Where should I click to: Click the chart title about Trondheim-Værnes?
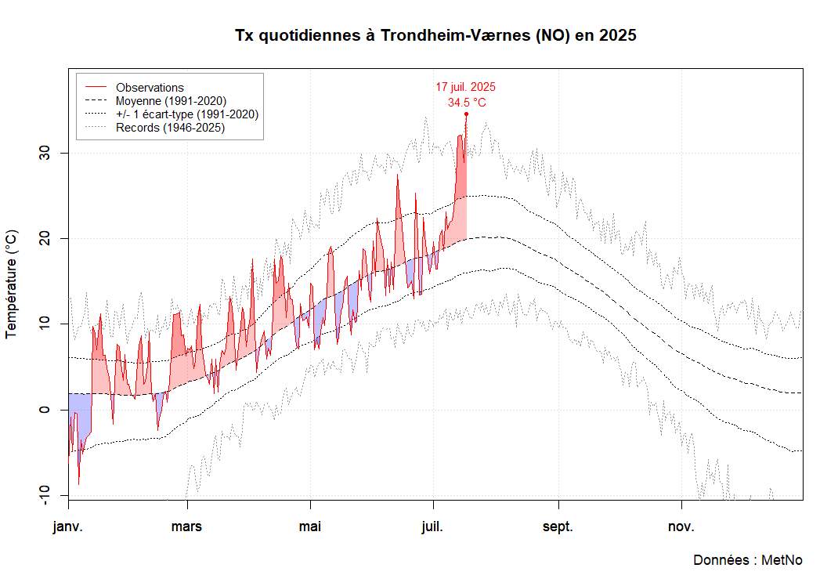tap(435, 36)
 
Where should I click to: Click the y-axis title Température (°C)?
tap(12, 284)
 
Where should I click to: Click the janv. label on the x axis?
tap(68, 526)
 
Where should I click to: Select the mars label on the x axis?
tap(186, 526)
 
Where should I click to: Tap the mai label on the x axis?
tap(310, 526)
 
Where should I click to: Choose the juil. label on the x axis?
tap(432, 526)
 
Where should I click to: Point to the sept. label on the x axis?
tap(558, 526)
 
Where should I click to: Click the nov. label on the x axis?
tap(681, 526)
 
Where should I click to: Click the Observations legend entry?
tap(150, 88)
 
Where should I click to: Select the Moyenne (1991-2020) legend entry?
tap(171, 101)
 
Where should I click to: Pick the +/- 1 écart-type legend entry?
tap(186, 114)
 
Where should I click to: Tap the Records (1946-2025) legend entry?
tap(170, 128)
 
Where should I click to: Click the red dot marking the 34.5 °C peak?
tap(466, 114)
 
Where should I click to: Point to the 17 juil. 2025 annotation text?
tap(466, 87)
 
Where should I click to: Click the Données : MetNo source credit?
tap(748, 560)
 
